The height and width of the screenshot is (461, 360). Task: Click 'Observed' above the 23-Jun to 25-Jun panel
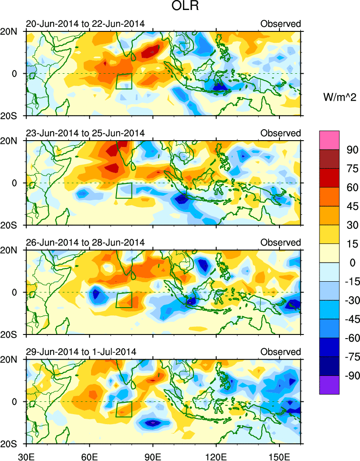click(280, 133)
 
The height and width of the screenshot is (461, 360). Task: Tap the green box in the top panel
click(124, 81)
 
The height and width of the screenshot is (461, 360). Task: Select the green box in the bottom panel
click(124, 409)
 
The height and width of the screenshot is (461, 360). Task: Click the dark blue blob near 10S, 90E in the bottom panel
click(153, 423)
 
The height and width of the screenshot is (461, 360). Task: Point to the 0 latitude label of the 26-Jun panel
click(14, 292)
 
